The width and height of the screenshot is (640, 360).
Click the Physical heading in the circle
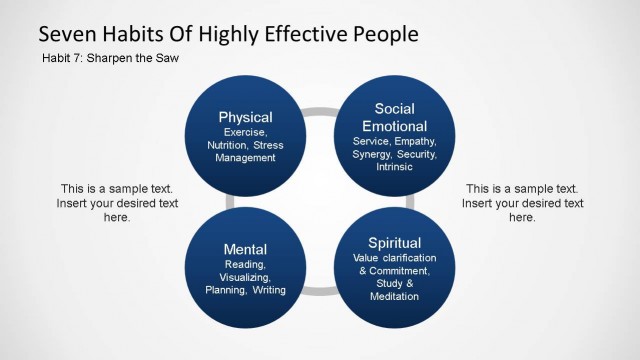point(245,117)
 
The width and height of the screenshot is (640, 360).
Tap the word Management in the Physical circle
point(245,158)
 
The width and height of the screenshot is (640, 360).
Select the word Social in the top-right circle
point(394,108)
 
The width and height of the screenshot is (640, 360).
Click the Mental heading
point(245,247)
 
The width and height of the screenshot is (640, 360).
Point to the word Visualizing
point(245,277)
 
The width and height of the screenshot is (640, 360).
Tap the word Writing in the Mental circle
point(270,290)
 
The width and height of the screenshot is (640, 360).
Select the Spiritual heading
point(394,242)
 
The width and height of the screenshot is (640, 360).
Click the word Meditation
point(394,296)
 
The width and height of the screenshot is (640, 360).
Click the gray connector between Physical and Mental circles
point(230,202)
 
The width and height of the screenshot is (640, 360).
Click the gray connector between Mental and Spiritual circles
point(319,291)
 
